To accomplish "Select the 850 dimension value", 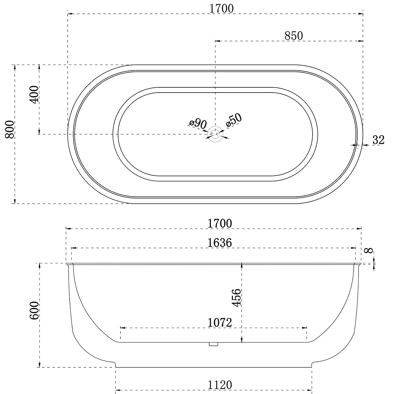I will click(x=294, y=36).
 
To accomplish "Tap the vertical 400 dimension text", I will click(x=33, y=95).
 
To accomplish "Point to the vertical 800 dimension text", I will click(x=10, y=129).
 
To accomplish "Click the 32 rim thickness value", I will click(x=378, y=140).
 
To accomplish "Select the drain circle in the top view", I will click(x=215, y=134).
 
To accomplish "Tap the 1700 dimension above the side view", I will click(x=220, y=223).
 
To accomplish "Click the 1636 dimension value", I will click(x=220, y=243).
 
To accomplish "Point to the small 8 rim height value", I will click(x=369, y=251).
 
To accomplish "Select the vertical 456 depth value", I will click(x=237, y=297).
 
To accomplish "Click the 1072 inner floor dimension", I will click(x=220, y=322).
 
